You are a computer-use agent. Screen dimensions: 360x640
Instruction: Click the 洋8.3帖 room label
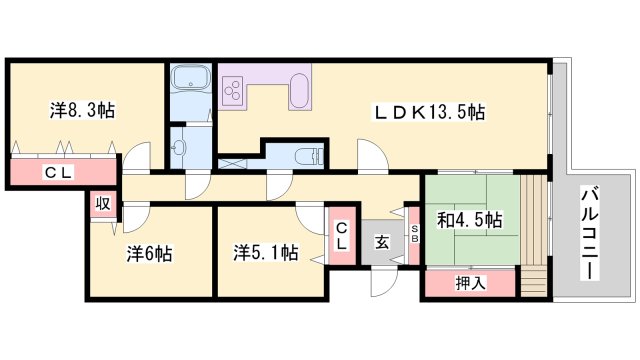(82, 110)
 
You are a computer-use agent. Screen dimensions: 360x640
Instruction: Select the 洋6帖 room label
(149, 253)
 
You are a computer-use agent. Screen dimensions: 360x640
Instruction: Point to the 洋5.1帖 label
(266, 253)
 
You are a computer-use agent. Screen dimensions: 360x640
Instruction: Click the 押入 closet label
(470, 283)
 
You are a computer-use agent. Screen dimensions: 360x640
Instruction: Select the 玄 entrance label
(382, 240)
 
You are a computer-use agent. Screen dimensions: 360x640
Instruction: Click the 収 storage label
(102, 203)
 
